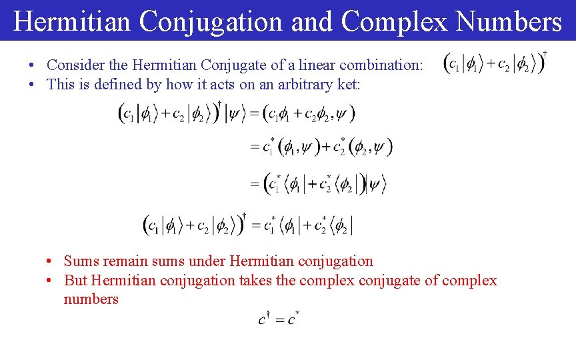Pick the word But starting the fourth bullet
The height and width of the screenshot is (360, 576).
[x=75, y=280]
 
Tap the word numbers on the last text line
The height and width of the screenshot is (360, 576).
[x=91, y=299]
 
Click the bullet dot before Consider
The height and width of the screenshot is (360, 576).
[x=31, y=66]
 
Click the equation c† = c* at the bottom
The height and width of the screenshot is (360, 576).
[x=279, y=319]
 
